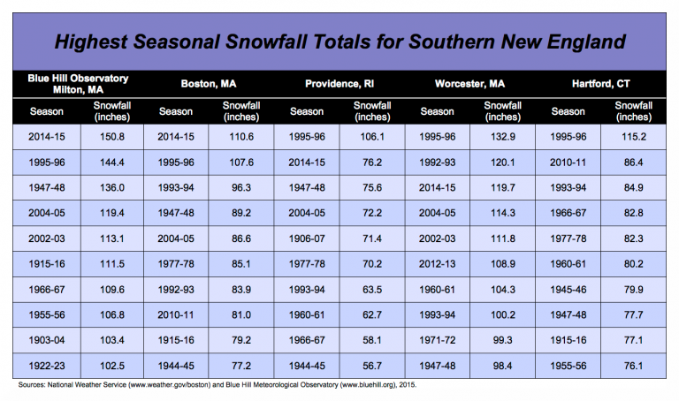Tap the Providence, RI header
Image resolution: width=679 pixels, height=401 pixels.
(338, 84)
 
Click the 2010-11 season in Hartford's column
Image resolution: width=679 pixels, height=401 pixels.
(567, 163)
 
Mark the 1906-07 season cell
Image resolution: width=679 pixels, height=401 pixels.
(307, 239)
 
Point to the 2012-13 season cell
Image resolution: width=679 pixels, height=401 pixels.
(437, 265)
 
